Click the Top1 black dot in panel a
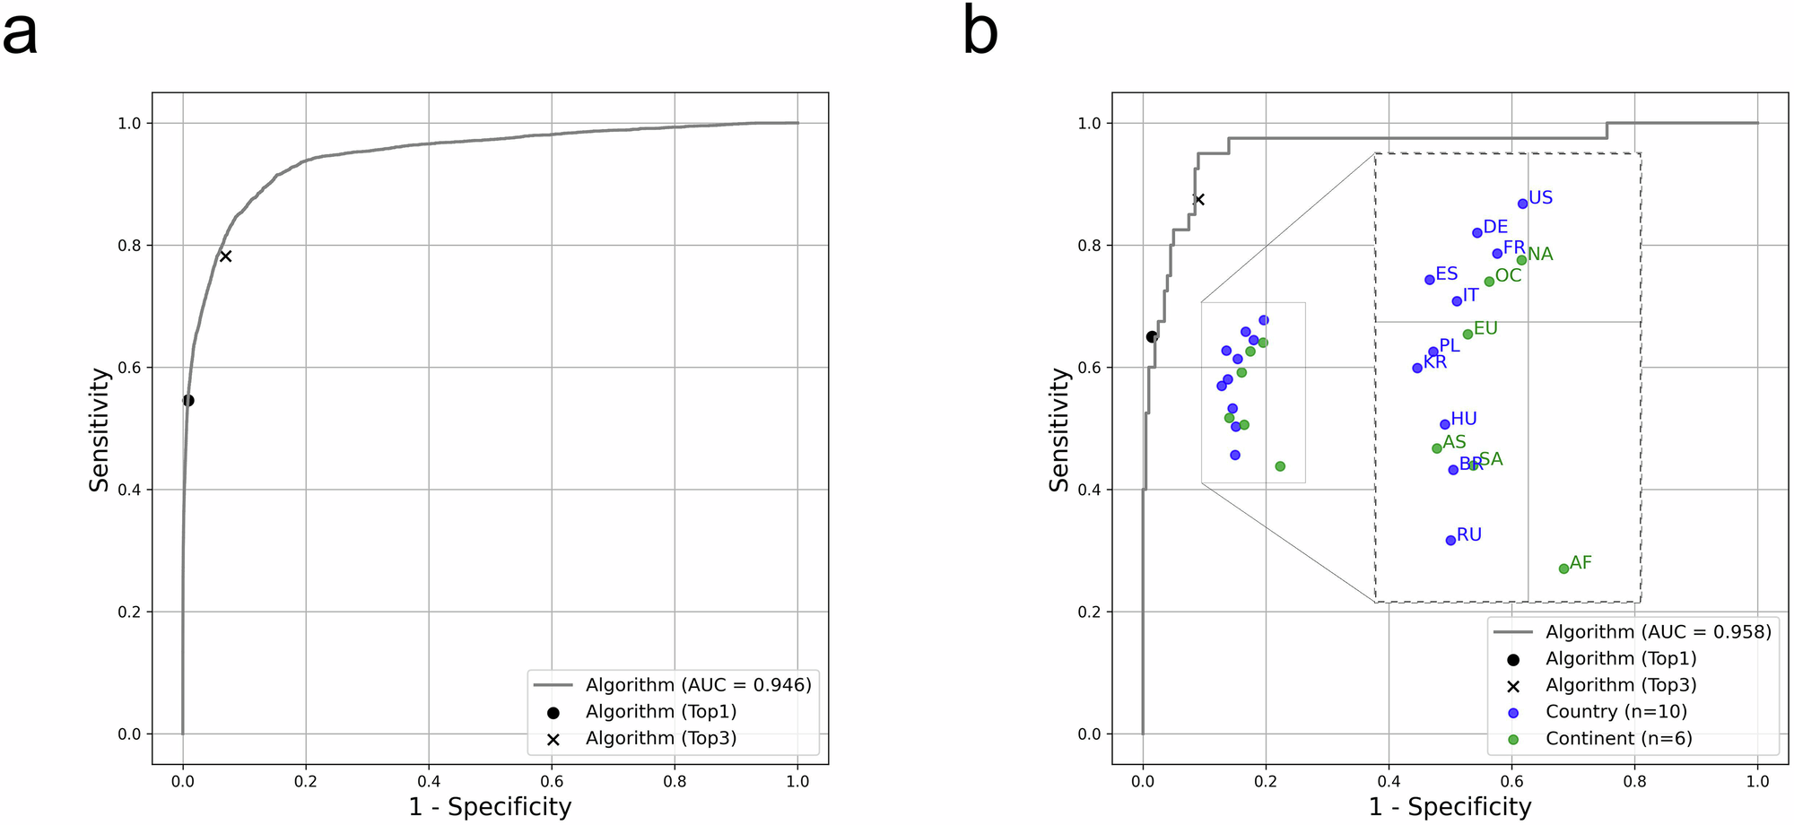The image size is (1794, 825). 188,401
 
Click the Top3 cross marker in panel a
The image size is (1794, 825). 226,256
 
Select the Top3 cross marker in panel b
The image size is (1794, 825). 1198,199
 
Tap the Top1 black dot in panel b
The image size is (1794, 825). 1152,337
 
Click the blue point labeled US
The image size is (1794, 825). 1522,204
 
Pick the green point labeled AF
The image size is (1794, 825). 1563,569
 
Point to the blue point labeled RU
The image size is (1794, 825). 1450,540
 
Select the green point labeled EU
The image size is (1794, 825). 1467,334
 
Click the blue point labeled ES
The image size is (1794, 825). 1430,280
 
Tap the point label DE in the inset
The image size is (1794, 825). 1495,227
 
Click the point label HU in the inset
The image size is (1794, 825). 1464,419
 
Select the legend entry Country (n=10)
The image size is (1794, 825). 1615,712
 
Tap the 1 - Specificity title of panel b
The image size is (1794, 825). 1450,807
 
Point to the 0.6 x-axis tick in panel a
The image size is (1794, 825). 552,781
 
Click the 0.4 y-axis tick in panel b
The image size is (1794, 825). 1089,490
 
